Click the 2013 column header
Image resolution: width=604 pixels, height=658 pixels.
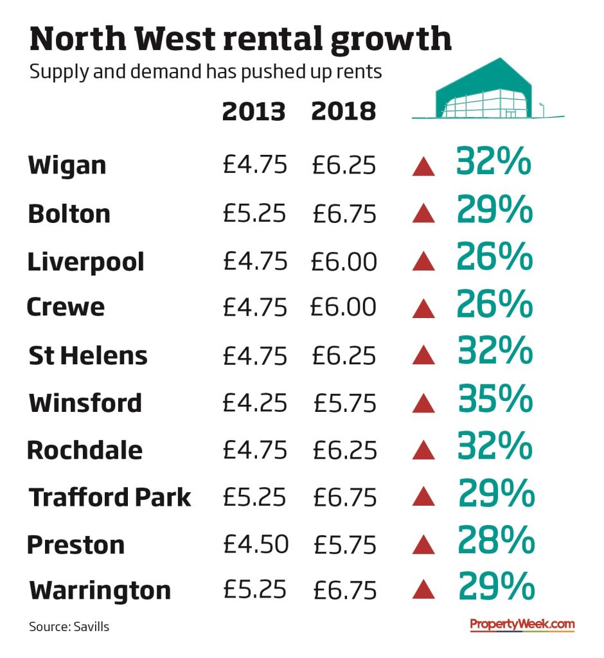(253, 112)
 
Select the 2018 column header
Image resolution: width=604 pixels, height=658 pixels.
(343, 112)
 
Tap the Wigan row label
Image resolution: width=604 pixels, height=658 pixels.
(67, 166)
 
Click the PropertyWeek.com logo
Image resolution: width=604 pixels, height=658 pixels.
(522, 624)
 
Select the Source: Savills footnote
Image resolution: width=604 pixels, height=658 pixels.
(69, 627)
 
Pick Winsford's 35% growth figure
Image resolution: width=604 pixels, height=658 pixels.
(495, 400)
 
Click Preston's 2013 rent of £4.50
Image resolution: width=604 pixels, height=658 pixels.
(256, 545)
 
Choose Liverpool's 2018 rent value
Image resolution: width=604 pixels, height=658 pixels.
(344, 262)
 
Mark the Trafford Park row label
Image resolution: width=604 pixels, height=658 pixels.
(110, 497)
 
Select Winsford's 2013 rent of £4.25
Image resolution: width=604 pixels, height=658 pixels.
(255, 403)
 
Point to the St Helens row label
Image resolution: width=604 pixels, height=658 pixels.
(88, 355)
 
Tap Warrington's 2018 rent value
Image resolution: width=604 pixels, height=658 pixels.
(344, 590)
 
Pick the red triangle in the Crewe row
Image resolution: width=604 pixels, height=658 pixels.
(423, 308)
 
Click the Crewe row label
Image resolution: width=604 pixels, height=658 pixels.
(66, 307)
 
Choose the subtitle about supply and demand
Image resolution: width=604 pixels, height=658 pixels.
(206, 71)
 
